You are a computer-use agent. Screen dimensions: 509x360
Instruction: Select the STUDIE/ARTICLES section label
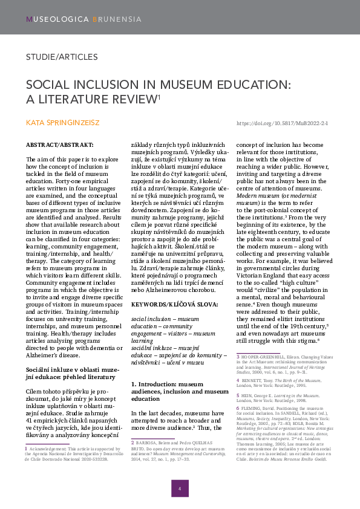[x=62, y=57]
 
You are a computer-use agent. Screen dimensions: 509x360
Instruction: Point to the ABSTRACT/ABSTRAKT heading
[x=59, y=146]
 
